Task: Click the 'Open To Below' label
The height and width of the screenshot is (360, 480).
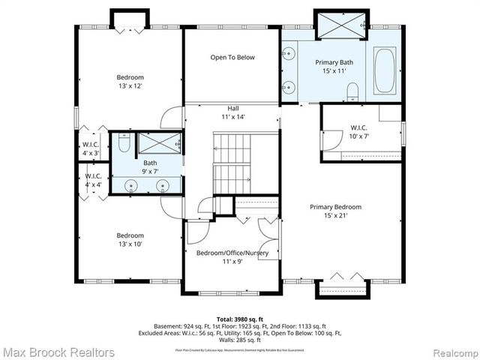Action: pos(232,57)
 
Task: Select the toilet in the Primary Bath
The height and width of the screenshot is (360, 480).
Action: pos(353,91)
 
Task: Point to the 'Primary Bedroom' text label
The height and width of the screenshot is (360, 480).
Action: pos(337,211)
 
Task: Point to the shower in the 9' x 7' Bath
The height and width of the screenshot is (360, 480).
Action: pos(158,143)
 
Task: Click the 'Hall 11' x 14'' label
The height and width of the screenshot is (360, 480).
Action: pos(232,112)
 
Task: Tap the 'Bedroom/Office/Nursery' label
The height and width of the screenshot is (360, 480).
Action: pos(232,257)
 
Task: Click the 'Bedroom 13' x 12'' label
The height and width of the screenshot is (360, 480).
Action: pos(130,82)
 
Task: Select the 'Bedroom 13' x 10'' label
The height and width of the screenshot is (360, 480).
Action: pos(130,238)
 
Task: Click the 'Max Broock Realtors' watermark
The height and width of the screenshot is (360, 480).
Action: pos(58,352)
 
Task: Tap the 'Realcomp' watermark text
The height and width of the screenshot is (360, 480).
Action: pos(448,352)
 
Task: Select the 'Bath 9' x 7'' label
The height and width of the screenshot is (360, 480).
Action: pos(150,167)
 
